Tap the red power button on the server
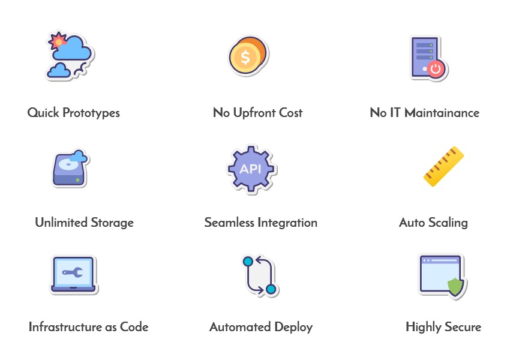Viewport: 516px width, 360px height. tap(436, 68)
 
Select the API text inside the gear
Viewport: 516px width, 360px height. tap(250, 169)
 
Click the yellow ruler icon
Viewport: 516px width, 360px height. tap(443, 166)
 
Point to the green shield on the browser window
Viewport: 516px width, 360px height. tap(456, 287)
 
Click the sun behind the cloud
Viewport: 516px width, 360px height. tap(58, 41)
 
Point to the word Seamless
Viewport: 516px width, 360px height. tap(229, 223)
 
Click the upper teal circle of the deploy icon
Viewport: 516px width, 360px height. tap(248, 262)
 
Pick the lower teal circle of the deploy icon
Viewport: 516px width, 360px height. tap(271, 290)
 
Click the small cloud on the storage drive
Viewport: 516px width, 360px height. tap(77, 158)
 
